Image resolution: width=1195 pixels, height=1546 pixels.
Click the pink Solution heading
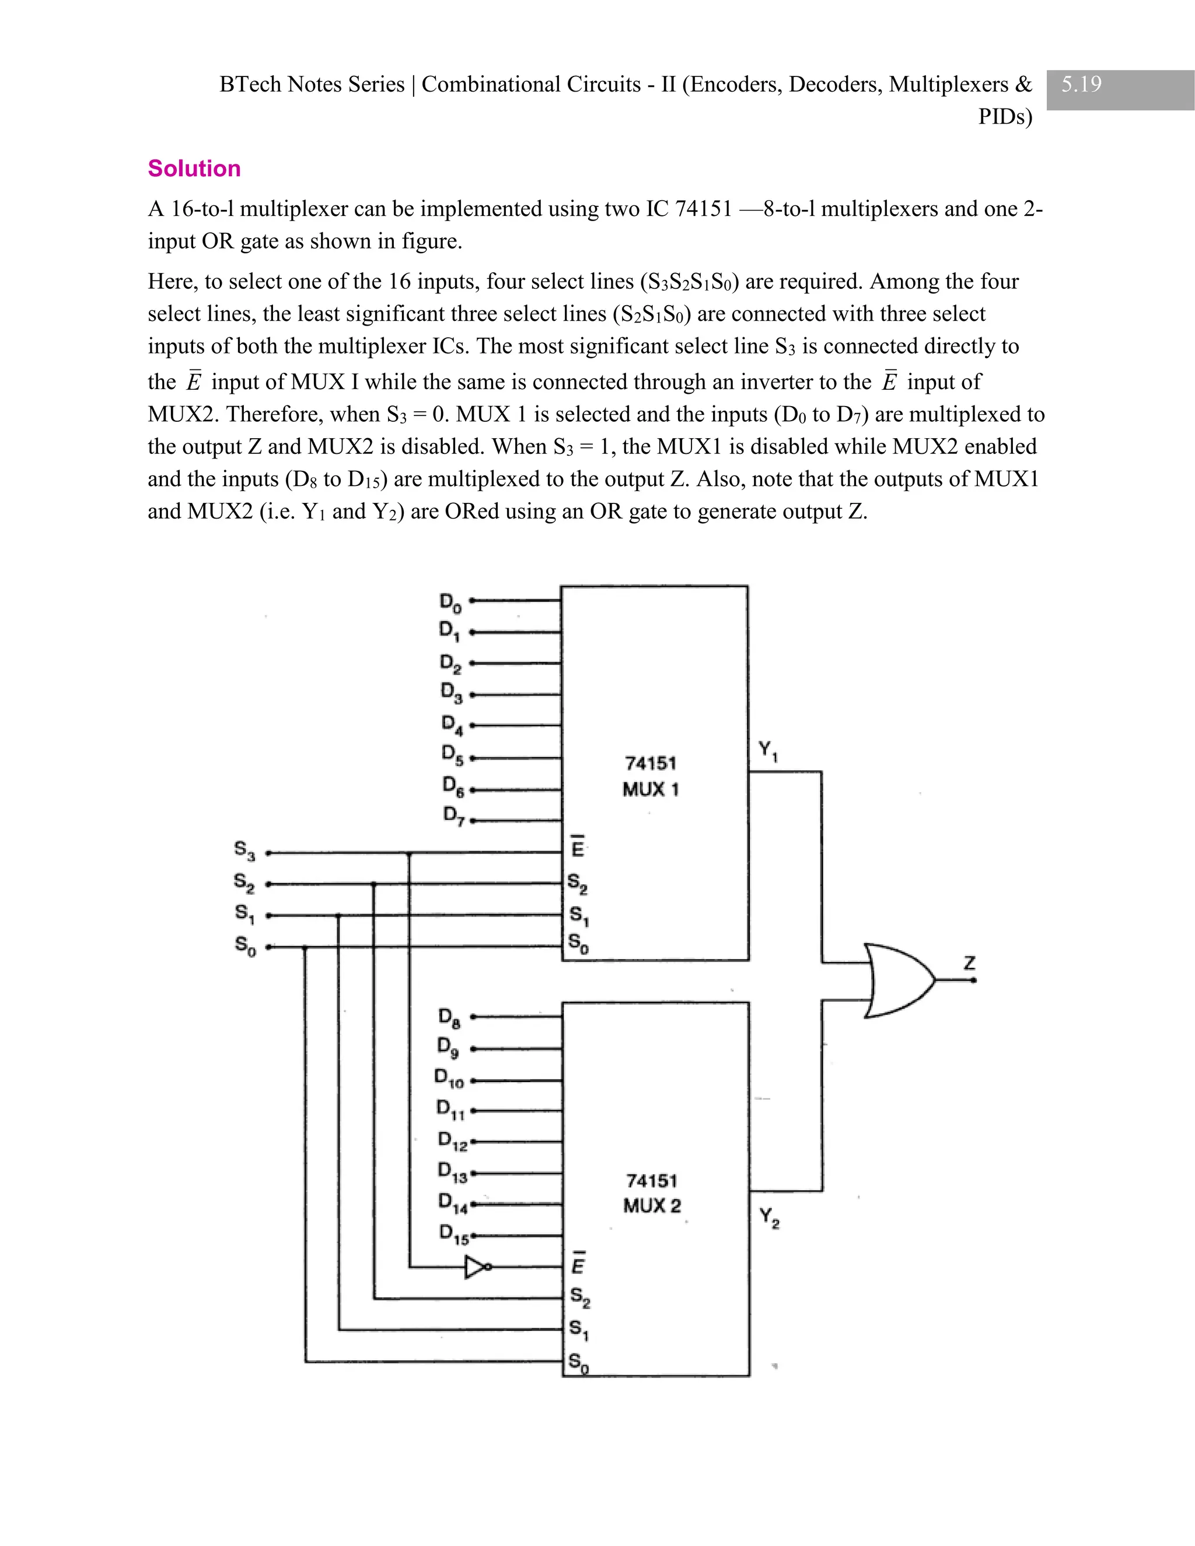[x=194, y=169]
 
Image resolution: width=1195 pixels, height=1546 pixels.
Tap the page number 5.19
[x=1081, y=84]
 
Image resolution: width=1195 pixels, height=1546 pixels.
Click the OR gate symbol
[x=897, y=981]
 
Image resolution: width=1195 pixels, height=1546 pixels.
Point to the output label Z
[x=969, y=963]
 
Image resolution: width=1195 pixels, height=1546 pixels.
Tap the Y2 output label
[x=769, y=1218]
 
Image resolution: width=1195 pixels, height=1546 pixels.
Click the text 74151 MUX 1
[x=651, y=777]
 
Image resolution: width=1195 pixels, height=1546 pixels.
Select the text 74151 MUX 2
[x=651, y=1193]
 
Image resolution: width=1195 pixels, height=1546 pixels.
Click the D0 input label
[x=450, y=603]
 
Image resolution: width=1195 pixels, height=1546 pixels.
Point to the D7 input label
[x=453, y=816]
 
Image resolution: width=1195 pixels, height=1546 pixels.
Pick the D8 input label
[x=449, y=1017]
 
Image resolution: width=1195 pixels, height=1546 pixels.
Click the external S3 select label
[x=244, y=849]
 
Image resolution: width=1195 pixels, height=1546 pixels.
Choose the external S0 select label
[x=245, y=946]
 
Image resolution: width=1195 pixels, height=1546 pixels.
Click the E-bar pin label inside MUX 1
[x=578, y=847]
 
